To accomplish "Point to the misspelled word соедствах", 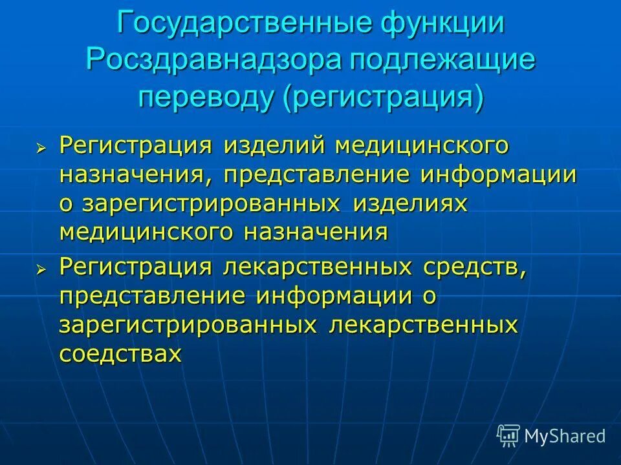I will (x=120, y=353).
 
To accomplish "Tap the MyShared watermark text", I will (x=565, y=436).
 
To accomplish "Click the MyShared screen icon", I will (x=508, y=435).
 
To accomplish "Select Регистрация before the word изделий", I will (x=136, y=146).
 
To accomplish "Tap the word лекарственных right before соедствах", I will (x=424, y=325).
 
